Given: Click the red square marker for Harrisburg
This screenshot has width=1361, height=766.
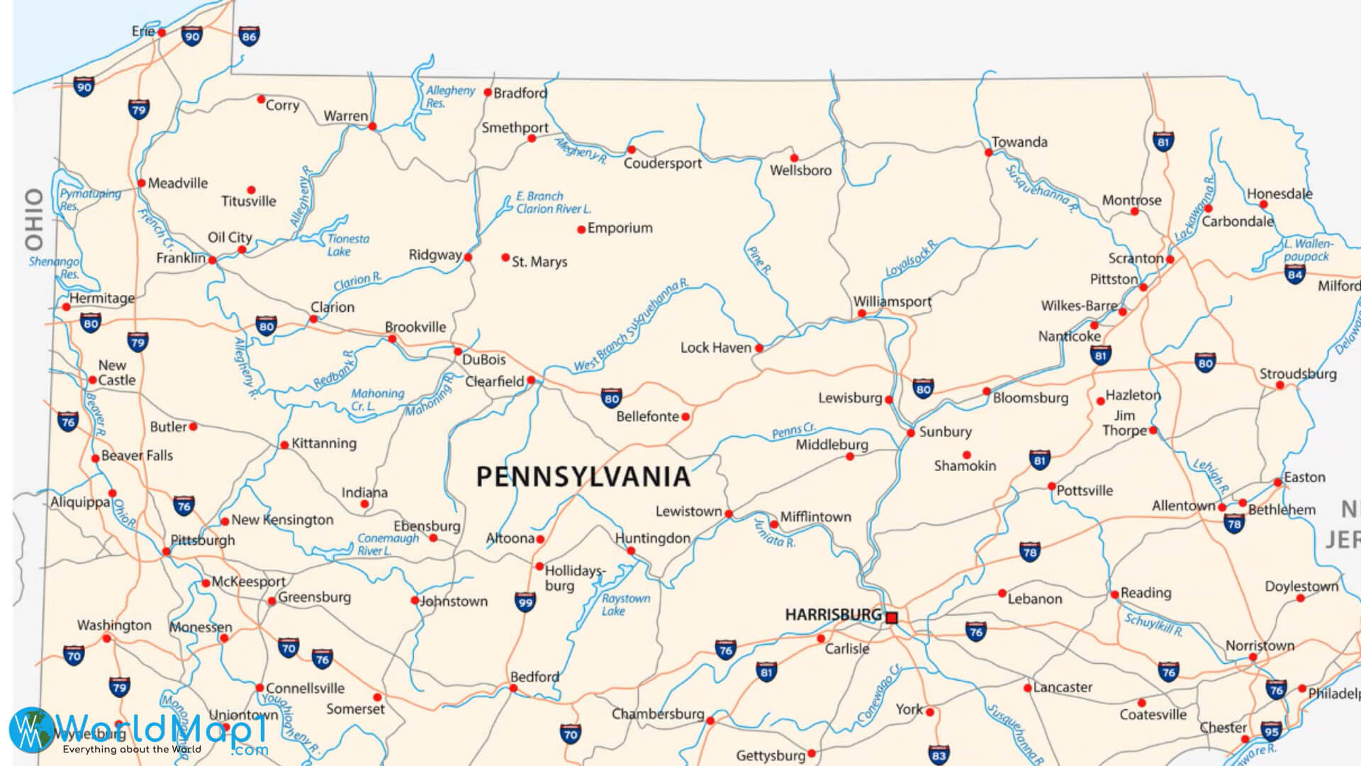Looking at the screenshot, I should [892, 618].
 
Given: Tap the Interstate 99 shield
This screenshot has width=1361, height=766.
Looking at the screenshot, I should [525, 602].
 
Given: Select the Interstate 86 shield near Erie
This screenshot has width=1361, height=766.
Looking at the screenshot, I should [249, 36].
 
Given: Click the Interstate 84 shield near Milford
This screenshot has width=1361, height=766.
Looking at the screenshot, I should [1295, 274].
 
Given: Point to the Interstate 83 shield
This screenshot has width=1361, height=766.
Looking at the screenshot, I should [939, 755].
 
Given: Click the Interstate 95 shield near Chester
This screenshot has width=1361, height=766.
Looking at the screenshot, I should [1272, 731].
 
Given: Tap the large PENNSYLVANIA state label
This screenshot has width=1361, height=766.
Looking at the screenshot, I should [583, 477].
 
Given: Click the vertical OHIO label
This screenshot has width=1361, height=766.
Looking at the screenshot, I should [34, 219].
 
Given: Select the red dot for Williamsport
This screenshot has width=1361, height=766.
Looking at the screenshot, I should [861, 313].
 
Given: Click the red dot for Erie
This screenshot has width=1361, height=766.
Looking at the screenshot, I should [162, 33].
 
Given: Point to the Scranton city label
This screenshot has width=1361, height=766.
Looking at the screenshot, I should [1136, 259].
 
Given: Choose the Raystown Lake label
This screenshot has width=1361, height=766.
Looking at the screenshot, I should [625, 604].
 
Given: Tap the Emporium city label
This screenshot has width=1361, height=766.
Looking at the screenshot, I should [620, 228].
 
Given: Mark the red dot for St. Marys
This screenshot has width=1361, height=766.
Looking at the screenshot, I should [505, 257].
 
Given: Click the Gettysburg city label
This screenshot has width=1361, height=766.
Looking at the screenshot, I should [771, 755].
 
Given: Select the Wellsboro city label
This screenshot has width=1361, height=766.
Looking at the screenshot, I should [800, 170].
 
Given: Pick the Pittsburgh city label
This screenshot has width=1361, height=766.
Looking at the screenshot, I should [203, 540].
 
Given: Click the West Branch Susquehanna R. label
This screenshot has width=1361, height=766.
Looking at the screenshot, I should [630, 326].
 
